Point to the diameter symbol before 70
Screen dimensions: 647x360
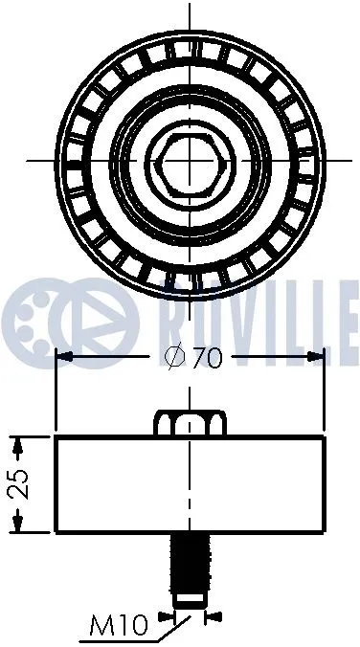point(173,358)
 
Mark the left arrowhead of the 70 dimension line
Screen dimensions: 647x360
point(64,357)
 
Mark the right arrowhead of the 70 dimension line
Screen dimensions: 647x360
point(319,357)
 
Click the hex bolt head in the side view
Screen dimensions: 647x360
point(191,422)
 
